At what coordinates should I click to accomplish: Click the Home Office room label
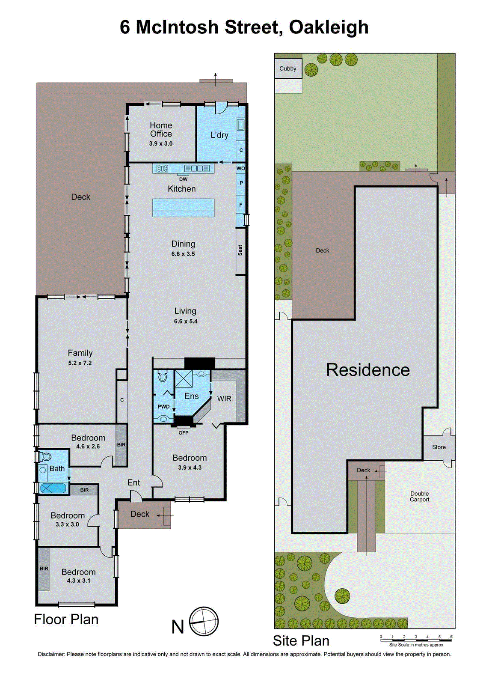(x=161, y=129)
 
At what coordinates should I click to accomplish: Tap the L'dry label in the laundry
(x=219, y=135)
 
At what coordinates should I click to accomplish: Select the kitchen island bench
(x=184, y=208)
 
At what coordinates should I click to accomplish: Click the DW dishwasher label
(x=183, y=179)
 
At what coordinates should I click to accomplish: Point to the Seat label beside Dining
(x=240, y=250)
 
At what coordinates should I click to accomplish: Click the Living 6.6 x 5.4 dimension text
(x=186, y=321)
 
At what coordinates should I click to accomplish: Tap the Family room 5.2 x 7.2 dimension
(x=80, y=363)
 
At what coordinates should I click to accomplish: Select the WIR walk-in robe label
(x=224, y=399)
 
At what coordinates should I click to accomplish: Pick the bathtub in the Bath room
(x=53, y=488)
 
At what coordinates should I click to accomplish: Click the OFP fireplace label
(x=184, y=433)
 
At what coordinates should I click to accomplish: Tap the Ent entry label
(x=133, y=482)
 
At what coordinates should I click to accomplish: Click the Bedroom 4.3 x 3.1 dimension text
(x=78, y=581)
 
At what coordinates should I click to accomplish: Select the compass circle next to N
(x=204, y=622)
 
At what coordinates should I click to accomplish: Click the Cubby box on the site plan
(x=288, y=68)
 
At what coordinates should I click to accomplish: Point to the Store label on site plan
(x=439, y=447)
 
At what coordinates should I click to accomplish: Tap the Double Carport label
(x=419, y=497)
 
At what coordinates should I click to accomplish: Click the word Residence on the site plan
(x=368, y=370)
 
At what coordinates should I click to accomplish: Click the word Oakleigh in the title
(x=329, y=27)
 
